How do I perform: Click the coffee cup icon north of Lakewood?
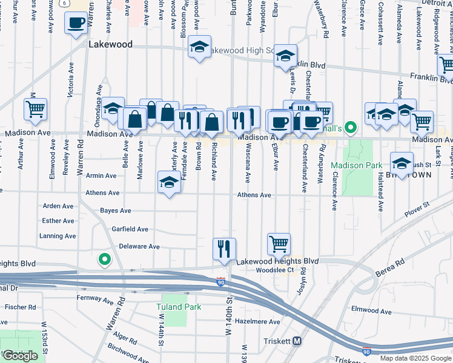coord(76,24)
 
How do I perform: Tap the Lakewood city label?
coord(110,44)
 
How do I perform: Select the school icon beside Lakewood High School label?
coord(199,47)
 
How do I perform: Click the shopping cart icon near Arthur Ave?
coord(36,110)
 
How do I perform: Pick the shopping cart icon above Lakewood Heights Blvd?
coord(279,244)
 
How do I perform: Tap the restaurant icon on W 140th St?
coord(224,248)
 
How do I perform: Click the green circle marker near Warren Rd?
coord(105,260)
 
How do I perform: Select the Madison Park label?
coord(357,165)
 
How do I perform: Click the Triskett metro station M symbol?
coord(297,341)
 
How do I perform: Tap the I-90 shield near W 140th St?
coord(220,282)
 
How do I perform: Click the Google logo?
coord(21,356)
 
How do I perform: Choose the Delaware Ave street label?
coord(139,246)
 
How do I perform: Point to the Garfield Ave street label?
coord(130,229)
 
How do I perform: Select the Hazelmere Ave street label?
coord(258,322)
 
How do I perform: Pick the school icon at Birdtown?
coord(401,162)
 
